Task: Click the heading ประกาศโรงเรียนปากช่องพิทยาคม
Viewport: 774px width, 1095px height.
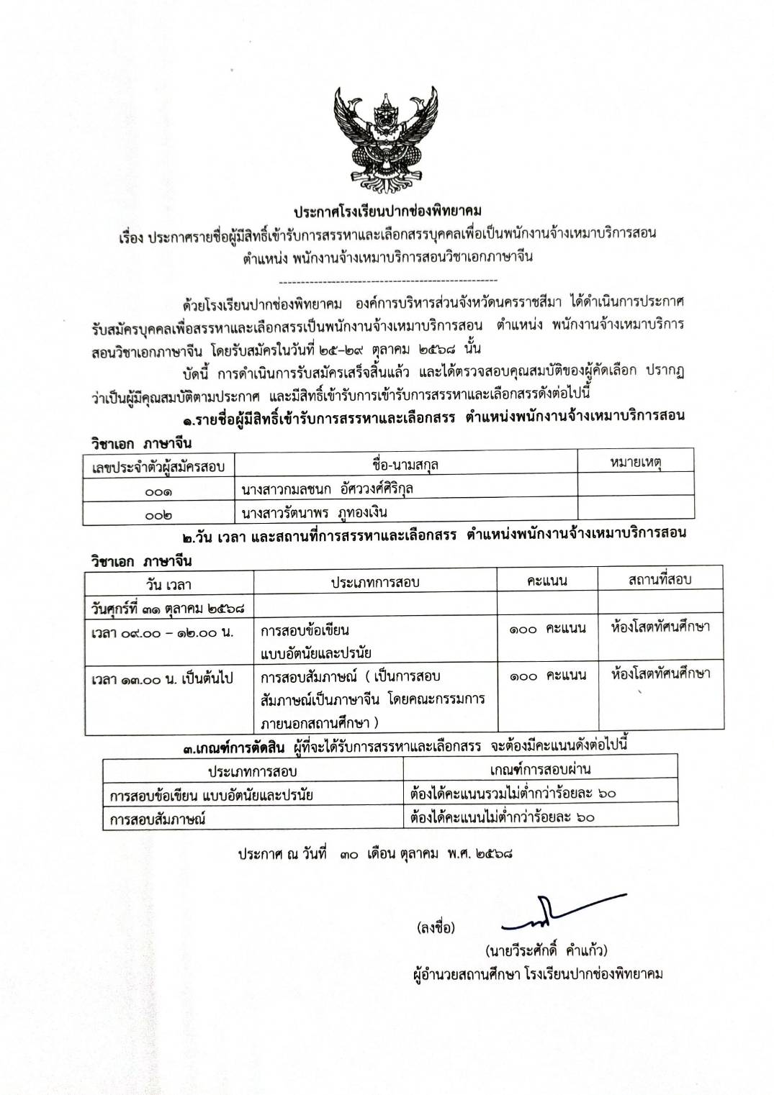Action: coord(387,211)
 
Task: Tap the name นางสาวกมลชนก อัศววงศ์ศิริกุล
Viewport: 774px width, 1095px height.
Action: coord(328,489)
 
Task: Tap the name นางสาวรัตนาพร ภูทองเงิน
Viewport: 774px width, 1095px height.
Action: coord(315,512)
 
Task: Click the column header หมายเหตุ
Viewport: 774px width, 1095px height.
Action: coord(635,463)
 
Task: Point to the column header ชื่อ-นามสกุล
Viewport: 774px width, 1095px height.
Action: coord(407,465)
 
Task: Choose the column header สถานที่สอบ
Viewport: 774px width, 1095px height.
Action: coord(660,579)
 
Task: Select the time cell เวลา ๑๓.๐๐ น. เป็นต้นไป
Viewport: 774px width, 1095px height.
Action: coord(162,678)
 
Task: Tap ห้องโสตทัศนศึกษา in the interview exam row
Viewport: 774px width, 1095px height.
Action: coord(660,674)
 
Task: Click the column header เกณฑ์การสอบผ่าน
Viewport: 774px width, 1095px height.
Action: coord(540,768)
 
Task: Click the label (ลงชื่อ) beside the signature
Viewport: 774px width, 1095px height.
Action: coord(436,927)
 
